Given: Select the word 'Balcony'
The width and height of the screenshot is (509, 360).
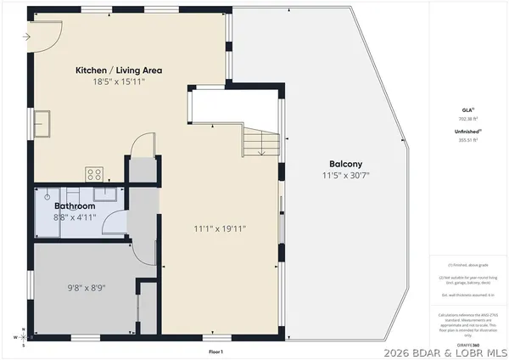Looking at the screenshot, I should [x=346, y=164].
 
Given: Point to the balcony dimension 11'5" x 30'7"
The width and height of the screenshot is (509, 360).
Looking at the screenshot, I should [x=346, y=176].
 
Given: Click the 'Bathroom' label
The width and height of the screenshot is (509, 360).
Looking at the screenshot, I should [x=76, y=206].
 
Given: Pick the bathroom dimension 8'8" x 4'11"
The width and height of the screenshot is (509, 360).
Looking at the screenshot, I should [x=76, y=217].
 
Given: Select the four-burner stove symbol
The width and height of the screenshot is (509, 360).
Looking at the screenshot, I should [x=95, y=174].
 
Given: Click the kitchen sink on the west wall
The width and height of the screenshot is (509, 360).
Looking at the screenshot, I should [x=42, y=125].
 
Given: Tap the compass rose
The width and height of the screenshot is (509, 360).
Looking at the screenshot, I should [x=25, y=336].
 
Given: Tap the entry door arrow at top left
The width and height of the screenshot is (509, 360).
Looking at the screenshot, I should [x=32, y=37].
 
